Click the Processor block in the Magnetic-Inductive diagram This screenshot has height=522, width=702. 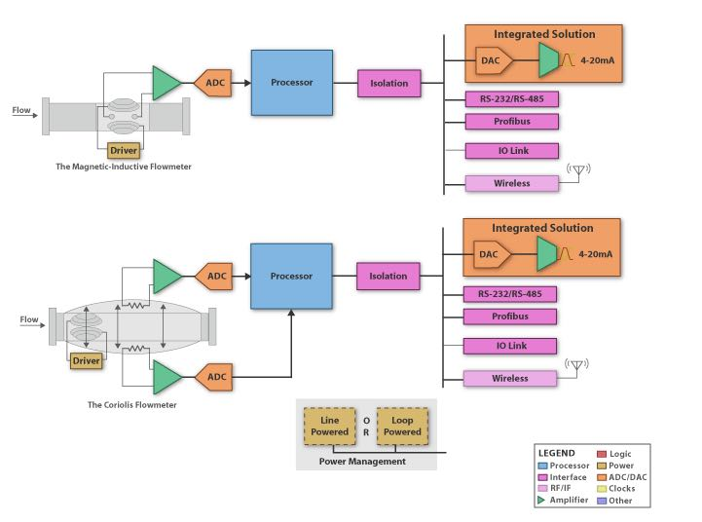click(x=292, y=83)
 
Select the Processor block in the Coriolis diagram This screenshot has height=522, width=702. click(x=291, y=277)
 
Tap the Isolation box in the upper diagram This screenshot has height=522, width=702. click(x=389, y=83)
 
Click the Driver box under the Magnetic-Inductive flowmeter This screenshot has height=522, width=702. click(x=124, y=150)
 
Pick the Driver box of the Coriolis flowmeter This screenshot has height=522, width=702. click(x=87, y=360)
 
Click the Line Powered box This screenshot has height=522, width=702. click(x=329, y=426)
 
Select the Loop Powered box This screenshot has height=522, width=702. click(x=402, y=426)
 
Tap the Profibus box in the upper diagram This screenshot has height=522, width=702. click(x=511, y=122)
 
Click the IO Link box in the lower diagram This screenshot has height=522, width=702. click(x=509, y=346)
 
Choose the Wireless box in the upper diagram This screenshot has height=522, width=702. click(x=511, y=183)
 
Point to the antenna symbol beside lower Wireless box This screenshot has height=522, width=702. click(x=576, y=366)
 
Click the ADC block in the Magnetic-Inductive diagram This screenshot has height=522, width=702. click(x=215, y=83)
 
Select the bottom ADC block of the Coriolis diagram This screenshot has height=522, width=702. click(x=215, y=377)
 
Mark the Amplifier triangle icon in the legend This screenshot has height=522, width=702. click(x=541, y=501)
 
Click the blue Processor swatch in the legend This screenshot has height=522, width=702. click(x=541, y=466)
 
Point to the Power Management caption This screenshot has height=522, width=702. click(x=362, y=461)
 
